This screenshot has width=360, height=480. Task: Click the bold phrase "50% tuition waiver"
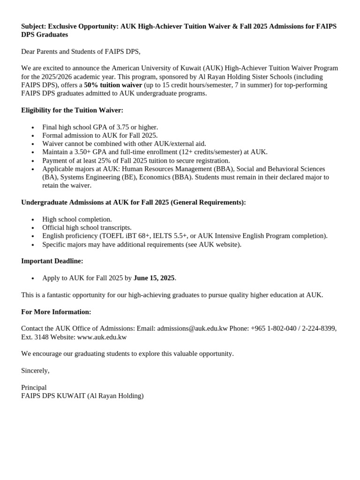click(112, 85)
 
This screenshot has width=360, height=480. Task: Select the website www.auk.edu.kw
click(102, 337)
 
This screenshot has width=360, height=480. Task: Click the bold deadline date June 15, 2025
click(154, 278)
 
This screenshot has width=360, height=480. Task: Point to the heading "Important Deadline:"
click(52, 261)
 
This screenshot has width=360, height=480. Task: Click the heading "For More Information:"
click(56, 312)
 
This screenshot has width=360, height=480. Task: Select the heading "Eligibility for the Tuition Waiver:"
click(72, 110)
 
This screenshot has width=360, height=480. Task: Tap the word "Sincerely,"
click(35, 370)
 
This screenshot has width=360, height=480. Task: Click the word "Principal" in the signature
click(34, 388)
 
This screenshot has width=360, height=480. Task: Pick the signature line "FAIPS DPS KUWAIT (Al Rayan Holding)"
click(82, 396)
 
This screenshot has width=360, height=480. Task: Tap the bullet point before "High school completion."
click(32, 219)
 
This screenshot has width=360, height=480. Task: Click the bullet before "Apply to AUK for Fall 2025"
click(32, 278)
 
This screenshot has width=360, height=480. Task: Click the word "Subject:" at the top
click(33, 26)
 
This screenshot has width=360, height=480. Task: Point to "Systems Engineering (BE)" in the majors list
click(97, 177)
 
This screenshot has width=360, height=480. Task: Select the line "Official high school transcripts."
click(87, 227)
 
